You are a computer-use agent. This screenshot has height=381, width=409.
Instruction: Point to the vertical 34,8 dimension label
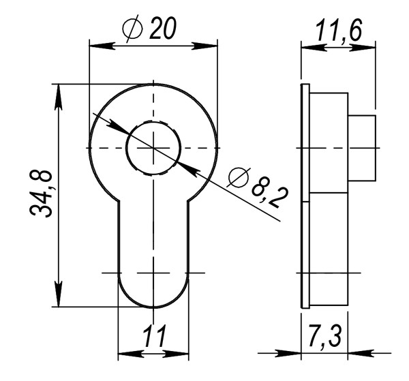pos(42,194)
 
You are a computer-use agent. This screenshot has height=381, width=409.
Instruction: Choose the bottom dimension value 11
pos(154,337)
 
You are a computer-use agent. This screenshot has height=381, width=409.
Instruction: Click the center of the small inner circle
pos(153,147)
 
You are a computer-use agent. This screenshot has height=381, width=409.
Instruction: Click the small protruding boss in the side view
pos(362,147)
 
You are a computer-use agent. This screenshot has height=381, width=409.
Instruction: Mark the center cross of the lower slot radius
pos(153,273)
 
